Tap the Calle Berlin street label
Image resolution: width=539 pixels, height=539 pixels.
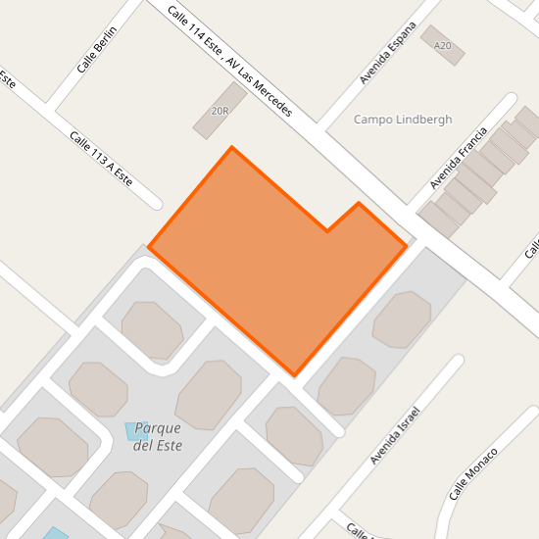tap(97, 50)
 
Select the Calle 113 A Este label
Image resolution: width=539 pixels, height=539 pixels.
tap(100, 158)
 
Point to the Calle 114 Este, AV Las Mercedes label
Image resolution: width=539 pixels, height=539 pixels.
tap(229, 61)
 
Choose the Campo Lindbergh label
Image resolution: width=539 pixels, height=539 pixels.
tap(402, 120)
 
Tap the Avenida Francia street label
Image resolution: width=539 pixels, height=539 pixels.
tap(458, 159)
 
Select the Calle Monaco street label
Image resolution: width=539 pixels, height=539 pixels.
tap(473, 473)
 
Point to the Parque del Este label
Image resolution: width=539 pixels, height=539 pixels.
tap(158, 436)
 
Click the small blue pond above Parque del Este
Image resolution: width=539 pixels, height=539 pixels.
tap(136, 430)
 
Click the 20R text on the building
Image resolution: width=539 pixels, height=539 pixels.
tap(220, 111)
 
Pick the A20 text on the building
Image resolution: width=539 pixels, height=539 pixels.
tap(443, 46)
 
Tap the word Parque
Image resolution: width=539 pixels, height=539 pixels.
tap(158, 428)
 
